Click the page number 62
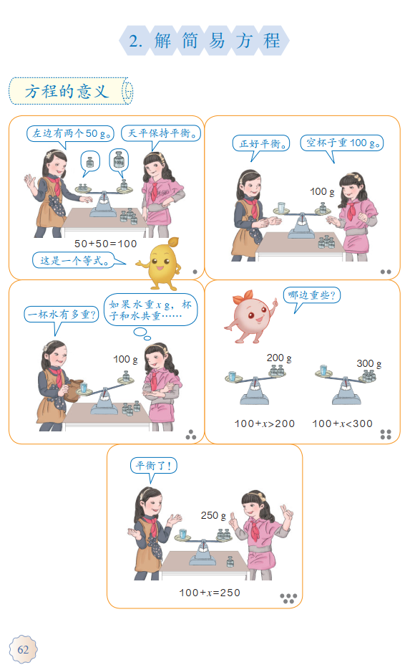tap(23, 649)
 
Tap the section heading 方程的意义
tap(67, 91)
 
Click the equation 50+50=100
tap(105, 244)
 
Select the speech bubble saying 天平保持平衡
tap(161, 133)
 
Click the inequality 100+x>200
tap(265, 424)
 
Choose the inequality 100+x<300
tap(342, 424)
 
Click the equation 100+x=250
tap(210, 593)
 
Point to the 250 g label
tap(213, 515)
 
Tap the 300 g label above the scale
tap(368, 363)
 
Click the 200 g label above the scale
tap(279, 358)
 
